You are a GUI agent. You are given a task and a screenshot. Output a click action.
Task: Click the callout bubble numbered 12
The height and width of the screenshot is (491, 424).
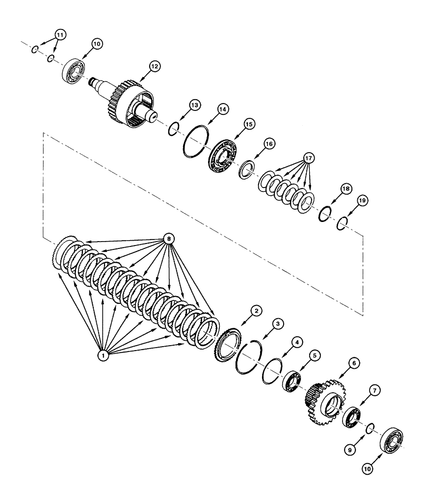point(155,67)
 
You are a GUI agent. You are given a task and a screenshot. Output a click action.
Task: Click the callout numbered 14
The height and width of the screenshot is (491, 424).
point(224,110)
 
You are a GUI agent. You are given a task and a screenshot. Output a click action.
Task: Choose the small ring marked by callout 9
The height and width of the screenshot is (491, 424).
point(372,429)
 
